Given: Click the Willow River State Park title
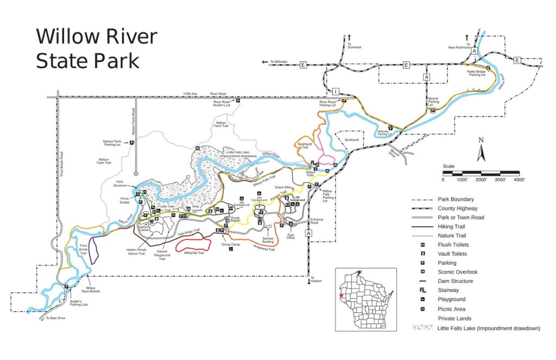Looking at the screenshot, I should pyautogui.click(x=96, y=48).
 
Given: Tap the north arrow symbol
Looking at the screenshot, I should pyautogui.click(x=481, y=151).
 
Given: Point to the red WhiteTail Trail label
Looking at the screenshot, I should pyautogui.click(x=194, y=253).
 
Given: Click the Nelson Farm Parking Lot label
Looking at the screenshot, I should pyautogui.click(x=115, y=143).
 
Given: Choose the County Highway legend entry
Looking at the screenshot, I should pyautogui.click(x=458, y=208).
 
